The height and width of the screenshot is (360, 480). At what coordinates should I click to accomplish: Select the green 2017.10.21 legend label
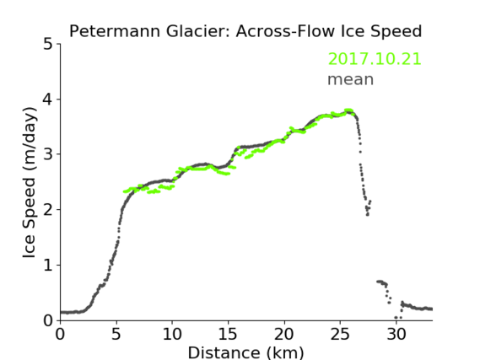pyautogui.click(x=375, y=59)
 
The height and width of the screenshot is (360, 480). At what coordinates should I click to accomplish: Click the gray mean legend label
pyautogui.click(x=351, y=79)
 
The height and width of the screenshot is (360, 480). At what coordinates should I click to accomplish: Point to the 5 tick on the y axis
pyautogui.click(x=48, y=45)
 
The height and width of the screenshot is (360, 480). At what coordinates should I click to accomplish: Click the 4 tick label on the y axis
pyautogui.click(x=48, y=99)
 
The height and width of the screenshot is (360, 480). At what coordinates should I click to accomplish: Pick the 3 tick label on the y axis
pyautogui.click(x=48, y=154)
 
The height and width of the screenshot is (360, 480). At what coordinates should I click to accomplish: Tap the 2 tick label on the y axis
pyautogui.click(x=48, y=210)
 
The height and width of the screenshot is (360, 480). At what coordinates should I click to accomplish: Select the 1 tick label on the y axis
pyautogui.click(x=48, y=266)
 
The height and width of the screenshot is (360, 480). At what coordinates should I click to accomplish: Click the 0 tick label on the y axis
pyautogui.click(x=48, y=320)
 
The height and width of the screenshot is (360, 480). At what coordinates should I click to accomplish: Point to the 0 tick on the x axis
pyautogui.click(x=60, y=335)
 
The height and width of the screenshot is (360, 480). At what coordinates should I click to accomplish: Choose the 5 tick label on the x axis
pyautogui.click(x=116, y=335)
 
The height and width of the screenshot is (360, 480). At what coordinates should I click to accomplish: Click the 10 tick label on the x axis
pyautogui.click(x=172, y=335)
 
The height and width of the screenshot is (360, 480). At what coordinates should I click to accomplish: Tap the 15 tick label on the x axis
pyautogui.click(x=228, y=335)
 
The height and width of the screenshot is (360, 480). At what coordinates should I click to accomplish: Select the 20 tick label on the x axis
pyautogui.click(x=284, y=335)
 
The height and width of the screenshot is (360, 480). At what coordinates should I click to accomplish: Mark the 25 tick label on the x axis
pyautogui.click(x=340, y=335)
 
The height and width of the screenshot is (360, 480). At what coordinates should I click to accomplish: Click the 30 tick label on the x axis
pyautogui.click(x=396, y=335)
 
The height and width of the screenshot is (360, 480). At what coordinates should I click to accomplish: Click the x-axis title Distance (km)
pyautogui.click(x=245, y=352)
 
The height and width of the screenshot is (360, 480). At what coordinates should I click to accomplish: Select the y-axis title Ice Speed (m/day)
pyautogui.click(x=30, y=182)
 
